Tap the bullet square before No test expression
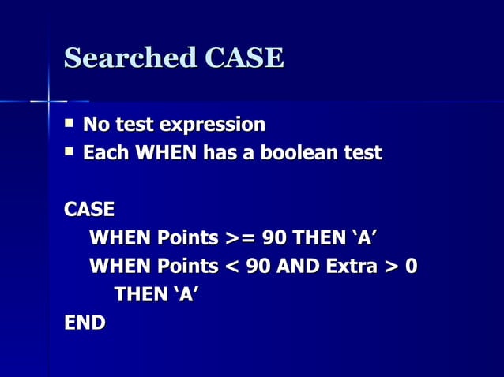coord(70,123)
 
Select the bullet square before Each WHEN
coord(70,151)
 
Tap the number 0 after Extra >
coord(411,267)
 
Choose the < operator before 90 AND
coord(231,267)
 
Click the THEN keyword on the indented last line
coord(140,295)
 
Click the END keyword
coord(85,323)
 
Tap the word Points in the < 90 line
coord(187,267)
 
